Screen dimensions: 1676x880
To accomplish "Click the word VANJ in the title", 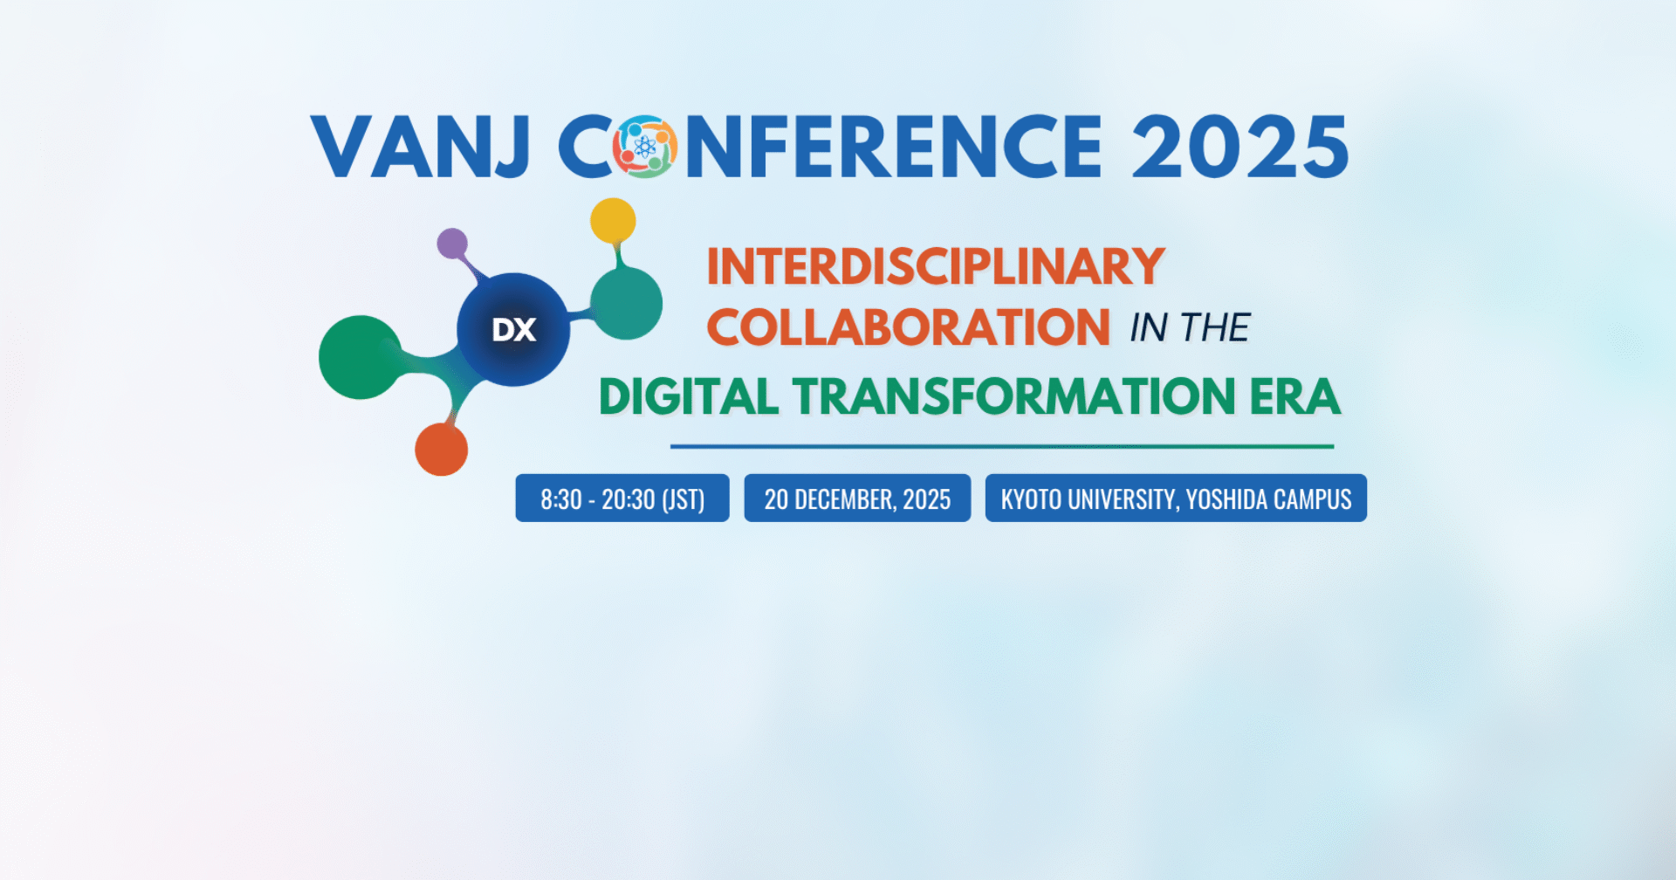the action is (x=421, y=147).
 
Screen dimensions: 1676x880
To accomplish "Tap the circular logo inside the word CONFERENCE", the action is (x=645, y=147).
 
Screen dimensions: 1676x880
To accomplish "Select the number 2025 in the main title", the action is (x=1240, y=147).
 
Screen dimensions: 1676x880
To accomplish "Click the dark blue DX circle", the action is (x=513, y=329).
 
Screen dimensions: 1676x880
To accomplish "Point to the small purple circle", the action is (x=452, y=244).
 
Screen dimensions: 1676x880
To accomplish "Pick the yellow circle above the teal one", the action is (x=613, y=221).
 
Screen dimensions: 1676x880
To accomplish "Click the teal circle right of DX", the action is (x=626, y=304).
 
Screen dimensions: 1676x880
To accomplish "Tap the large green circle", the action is (x=360, y=357).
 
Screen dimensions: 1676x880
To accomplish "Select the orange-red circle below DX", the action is (x=441, y=450).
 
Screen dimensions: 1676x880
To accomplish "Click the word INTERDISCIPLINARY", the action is (x=936, y=266).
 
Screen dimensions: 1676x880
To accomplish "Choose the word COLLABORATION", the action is (x=909, y=327).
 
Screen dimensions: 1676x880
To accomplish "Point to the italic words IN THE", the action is (x=1190, y=328).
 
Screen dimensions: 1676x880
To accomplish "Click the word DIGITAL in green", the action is (x=689, y=397).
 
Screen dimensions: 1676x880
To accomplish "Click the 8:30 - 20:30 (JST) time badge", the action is (x=622, y=498).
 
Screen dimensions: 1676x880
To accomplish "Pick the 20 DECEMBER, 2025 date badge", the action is (x=857, y=498).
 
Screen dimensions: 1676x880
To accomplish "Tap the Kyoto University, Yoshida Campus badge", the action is (x=1176, y=498).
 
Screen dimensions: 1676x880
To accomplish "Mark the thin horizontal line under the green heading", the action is (x=1002, y=446).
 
